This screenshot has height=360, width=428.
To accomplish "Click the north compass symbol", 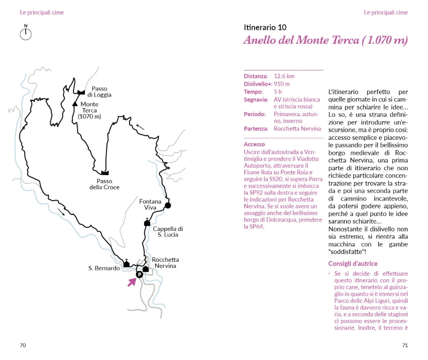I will (x=26, y=33).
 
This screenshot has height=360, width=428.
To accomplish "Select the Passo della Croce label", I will (x=104, y=184).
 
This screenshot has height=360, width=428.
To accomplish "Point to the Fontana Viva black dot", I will (x=168, y=206).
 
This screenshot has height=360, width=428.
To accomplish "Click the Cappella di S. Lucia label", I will (x=168, y=232).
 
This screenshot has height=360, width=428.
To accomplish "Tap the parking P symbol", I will (x=138, y=275).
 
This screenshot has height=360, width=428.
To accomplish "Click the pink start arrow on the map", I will (x=132, y=281).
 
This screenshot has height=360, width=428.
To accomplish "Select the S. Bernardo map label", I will (x=104, y=268).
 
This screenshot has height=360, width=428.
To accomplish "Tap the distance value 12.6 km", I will (x=284, y=76).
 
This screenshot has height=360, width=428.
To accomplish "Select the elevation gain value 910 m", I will (x=281, y=84).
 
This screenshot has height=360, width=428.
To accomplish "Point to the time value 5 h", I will (x=278, y=92).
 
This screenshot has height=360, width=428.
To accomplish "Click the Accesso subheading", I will (x=254, y=145).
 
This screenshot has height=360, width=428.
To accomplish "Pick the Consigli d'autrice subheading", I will (x=353, y=264).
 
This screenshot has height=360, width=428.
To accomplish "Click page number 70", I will (x=23, y=345).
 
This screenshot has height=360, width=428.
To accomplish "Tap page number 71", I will (x=405, y=345).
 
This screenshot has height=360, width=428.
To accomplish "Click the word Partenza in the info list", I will (x=256, y=129).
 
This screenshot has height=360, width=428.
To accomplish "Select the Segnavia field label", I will (x=256, y=99).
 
